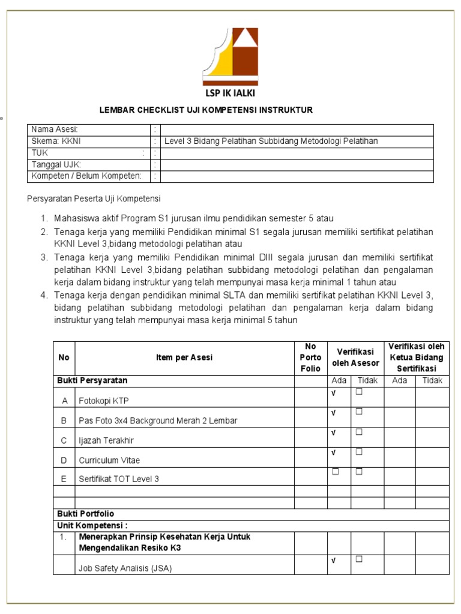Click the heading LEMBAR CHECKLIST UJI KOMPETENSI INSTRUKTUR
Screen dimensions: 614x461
(x=206, y=110)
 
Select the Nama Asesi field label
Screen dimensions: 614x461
(x=55, y=130)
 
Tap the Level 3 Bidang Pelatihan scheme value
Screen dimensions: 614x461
(x=271, y=142)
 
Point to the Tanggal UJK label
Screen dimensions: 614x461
(x=56, y=164)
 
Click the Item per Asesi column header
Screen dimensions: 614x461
(x=184, y=358)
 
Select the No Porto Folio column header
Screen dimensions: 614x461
(x=310, y=358)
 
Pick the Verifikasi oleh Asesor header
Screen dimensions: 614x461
(x=355, y=358)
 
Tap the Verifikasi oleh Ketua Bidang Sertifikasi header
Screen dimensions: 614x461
(x=416, y=358)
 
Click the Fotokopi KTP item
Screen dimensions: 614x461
(x=103, y=401)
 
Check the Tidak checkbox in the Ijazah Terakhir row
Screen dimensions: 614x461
(x=359, y=432)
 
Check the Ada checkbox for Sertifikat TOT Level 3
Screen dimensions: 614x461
(x=336, y=471)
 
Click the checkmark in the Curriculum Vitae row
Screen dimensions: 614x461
(x=333, y=452)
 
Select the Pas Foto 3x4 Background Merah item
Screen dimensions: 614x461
(x=158, y=420)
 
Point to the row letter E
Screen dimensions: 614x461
(x=64, y=479)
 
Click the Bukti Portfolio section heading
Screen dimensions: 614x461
(x=85, y=514)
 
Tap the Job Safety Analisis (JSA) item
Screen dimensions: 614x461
(x=125, y=569)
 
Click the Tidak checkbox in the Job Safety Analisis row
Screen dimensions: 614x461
(x=359, y=559)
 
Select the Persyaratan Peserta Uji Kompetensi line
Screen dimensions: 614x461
(x=95, y=198)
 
